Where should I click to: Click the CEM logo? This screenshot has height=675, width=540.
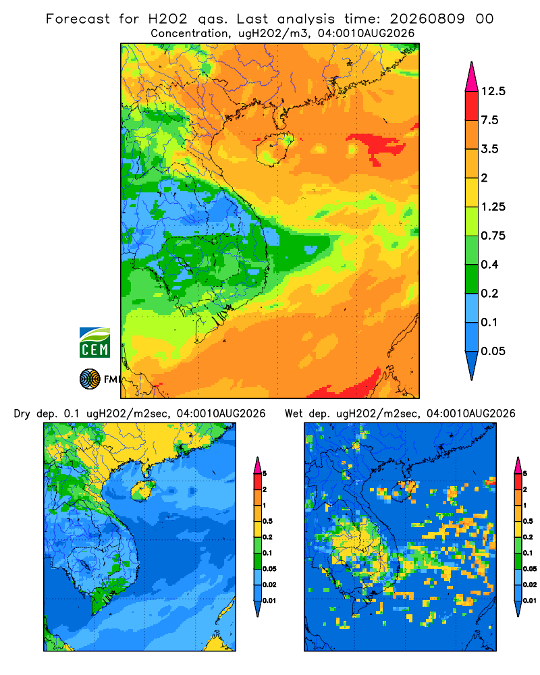pos(94,342)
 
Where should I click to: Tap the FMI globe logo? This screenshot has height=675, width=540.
pos(90,379)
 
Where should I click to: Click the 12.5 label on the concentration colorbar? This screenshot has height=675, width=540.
pos(493,91)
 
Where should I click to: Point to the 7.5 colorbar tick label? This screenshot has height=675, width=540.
pos(489,120)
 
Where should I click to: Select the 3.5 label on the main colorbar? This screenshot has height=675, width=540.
pos(489,149)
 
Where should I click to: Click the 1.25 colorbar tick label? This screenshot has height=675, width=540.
pos(493,207)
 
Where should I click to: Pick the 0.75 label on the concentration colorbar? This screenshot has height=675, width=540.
pos(493,236)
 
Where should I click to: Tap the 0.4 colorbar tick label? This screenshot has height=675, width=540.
pos(489,265)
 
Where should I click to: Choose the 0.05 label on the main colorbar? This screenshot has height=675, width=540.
pos(493,351)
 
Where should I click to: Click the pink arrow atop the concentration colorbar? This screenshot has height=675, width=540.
pos(472,77)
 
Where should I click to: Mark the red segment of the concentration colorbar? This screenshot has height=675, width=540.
pos(472,106)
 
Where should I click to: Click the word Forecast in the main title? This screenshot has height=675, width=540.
pos(78,19)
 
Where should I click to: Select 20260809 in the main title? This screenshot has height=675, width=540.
pos(427,19)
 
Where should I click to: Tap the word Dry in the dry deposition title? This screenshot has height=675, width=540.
pos(22,414)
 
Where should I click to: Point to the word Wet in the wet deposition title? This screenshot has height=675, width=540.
pos(294,414)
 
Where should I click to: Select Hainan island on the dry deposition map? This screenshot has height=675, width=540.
pos(142,490)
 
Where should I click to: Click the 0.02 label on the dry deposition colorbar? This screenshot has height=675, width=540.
pos(269,585)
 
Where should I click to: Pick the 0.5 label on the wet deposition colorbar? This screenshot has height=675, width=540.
pos(527,521)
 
